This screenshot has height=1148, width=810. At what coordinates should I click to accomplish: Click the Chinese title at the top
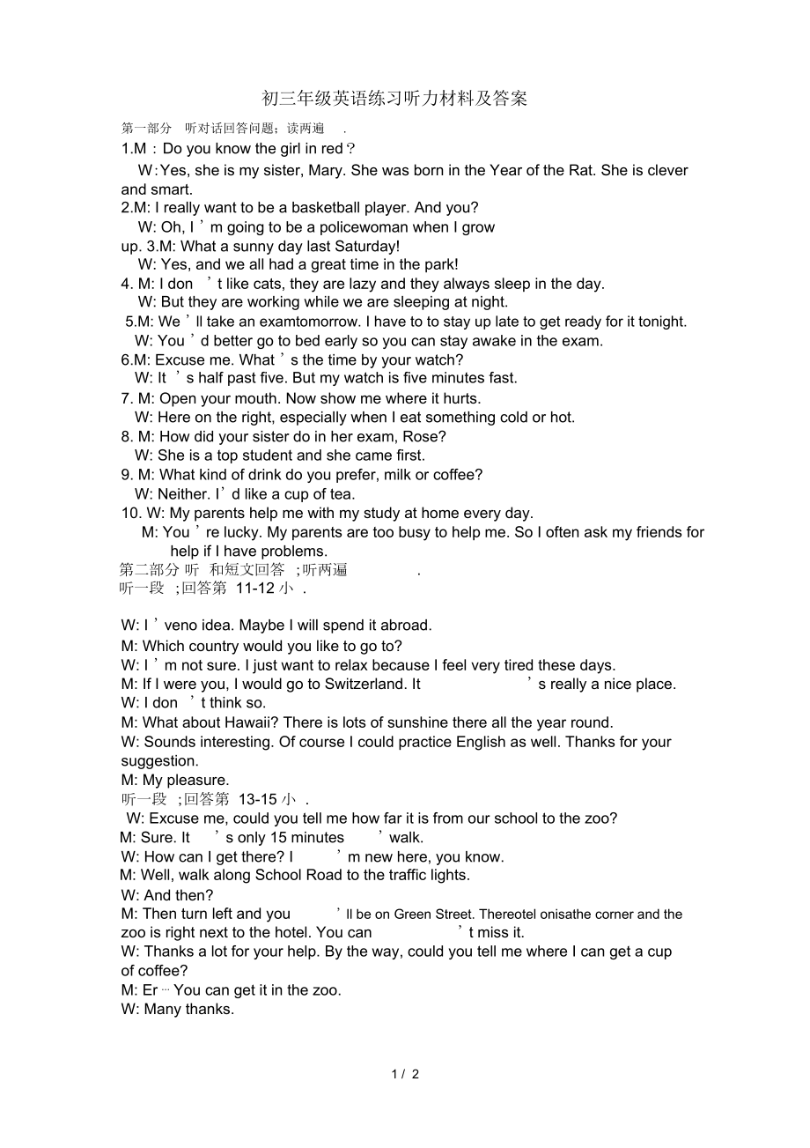point(394,99)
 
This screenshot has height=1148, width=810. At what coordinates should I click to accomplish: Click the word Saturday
point(364,246)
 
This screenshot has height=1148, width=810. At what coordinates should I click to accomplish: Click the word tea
point(341,494)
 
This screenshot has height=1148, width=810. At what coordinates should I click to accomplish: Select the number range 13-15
point(258,799)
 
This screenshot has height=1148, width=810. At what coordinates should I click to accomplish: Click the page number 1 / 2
point(405,1074)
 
